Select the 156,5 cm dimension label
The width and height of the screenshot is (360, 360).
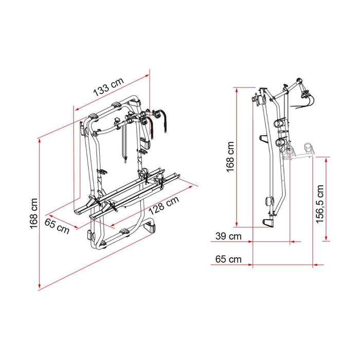tap(319, 204)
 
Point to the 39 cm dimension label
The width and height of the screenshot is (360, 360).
tap(226, 237)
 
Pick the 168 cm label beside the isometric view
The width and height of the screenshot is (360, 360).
tap(33, 213)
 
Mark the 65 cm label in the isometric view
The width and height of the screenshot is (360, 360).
tap(57, 225)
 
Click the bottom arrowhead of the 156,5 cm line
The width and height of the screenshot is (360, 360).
tap(326, 239)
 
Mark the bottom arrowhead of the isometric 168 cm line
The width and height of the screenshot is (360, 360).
tap(40, 289)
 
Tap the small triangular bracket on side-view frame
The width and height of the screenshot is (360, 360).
tap(264, 139)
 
